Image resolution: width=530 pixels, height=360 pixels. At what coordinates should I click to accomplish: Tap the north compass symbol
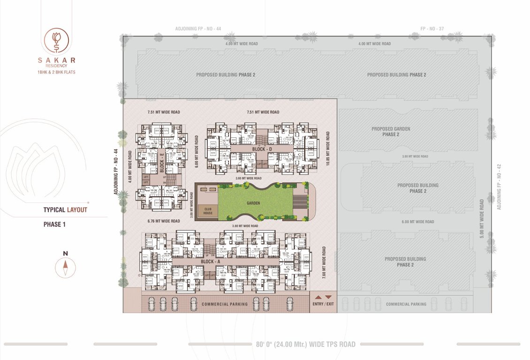[65, 268]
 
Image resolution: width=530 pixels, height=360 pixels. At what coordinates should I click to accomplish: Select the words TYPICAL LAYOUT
[65, 210]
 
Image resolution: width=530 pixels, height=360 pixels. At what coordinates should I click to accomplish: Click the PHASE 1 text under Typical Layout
[54, 225]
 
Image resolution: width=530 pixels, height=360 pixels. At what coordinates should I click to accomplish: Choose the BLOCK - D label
[262, 149]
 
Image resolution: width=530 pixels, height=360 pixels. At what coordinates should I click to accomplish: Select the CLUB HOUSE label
[208, 210]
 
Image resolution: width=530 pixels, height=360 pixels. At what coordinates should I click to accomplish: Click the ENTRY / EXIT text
[323, 304]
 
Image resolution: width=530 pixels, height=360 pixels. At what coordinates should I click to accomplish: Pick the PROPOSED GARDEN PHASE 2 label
[391, 132]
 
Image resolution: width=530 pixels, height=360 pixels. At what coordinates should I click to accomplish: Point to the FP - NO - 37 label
[432, 29]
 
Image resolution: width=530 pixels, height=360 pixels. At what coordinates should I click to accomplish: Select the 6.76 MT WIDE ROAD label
[163, 221]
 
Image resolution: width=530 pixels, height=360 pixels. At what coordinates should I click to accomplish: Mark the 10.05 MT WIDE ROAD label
[327, 143]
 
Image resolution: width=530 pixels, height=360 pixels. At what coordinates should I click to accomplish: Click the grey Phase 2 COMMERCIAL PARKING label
[406, 304]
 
